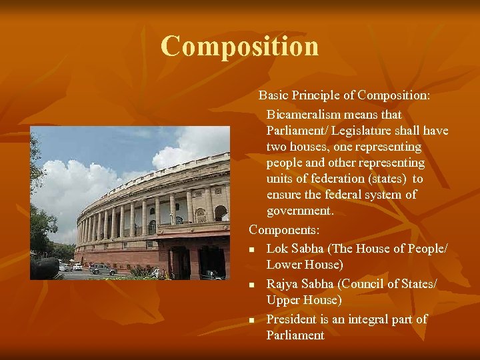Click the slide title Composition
click(x=239, y=47)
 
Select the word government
click(x=300, y=211)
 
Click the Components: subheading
click(x=285, y=230)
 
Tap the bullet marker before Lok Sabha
click(x=252, y=249)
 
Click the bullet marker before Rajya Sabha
click(x=252, y=285)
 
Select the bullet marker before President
click(x=252, y=320)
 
